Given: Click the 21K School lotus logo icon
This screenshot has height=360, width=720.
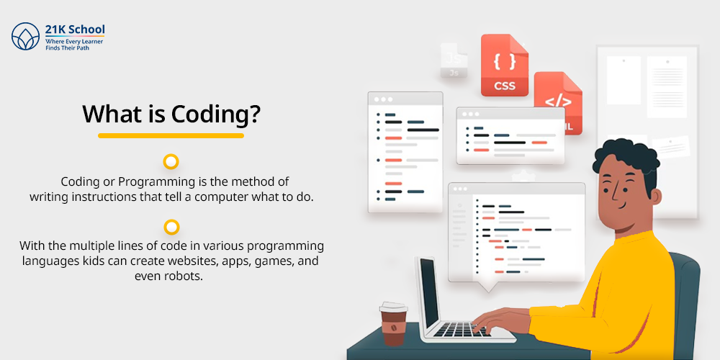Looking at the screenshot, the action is pos(26,36).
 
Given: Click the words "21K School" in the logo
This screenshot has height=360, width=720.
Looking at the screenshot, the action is pos(75,30).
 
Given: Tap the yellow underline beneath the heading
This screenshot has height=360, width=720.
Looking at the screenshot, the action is pos(171,135).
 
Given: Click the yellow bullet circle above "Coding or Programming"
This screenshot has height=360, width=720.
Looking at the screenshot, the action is pos(171,161).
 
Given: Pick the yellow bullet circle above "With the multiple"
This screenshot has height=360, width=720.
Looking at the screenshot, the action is pos(171,227).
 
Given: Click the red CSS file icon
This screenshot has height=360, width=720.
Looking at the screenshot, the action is pos(504,66).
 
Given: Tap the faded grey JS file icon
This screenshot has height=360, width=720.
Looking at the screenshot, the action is pos(454,60).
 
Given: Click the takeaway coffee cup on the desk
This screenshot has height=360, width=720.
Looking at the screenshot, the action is pos(394,324).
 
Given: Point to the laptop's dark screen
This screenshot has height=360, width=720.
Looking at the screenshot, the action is pos(429,292).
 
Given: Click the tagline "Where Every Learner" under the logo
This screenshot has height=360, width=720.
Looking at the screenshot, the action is pos(74,42).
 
